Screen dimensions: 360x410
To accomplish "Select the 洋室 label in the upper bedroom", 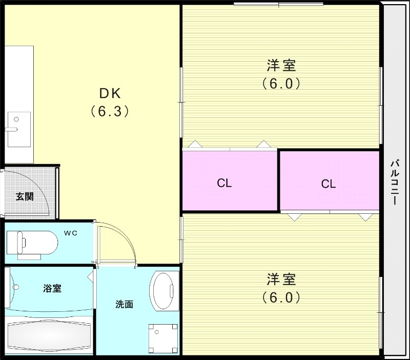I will pos(281,65).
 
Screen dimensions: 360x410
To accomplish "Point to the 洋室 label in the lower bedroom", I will pos(281,279).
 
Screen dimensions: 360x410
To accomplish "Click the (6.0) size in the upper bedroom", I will pos(281,83).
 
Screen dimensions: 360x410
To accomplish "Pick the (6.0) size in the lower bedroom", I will pos(281,297).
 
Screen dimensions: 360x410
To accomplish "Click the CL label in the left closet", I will pos(224,183).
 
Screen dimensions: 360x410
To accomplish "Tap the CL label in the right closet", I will pos(328,184).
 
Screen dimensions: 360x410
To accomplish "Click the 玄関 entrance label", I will pos(24,196).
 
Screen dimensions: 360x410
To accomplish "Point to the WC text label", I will pos(70,234).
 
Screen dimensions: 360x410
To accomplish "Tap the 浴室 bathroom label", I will pos(52,288).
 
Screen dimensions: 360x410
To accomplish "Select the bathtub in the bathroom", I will pos(49,335).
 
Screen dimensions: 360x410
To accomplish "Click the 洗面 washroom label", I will pos(124,304).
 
